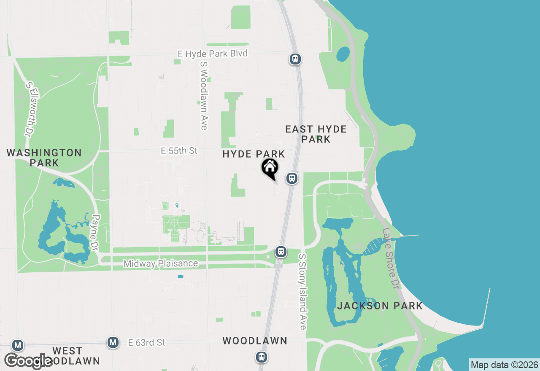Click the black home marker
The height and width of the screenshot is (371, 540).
tap(270, 168)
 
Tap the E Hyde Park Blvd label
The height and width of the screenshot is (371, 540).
tap(212, 54)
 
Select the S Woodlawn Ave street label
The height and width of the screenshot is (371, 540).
tap(204, 95)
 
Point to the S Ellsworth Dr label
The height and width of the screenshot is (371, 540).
tap(29, 109)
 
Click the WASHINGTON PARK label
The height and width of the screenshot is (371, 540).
tap(44, 157)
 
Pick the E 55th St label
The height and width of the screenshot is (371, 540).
tap(179, 151)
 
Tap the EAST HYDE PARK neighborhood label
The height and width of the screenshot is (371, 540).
tap(316, 134)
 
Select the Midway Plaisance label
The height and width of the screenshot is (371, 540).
tap(160, 263)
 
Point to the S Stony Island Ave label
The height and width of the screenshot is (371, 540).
tap(302, 291)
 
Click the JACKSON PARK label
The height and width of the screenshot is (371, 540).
tap(380, 306)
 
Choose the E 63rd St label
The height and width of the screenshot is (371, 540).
tap(146, 342)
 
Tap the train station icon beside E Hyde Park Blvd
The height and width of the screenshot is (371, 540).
tap(295, 59)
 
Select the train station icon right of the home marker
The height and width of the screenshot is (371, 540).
tap(292, 178)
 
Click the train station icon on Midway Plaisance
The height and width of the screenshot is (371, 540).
tap(281, 252)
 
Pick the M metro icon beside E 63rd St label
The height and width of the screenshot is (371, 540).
tap(113, 342)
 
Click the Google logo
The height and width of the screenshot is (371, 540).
tap(28, 361)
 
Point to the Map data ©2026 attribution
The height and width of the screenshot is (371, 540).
tap(504, 365)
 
